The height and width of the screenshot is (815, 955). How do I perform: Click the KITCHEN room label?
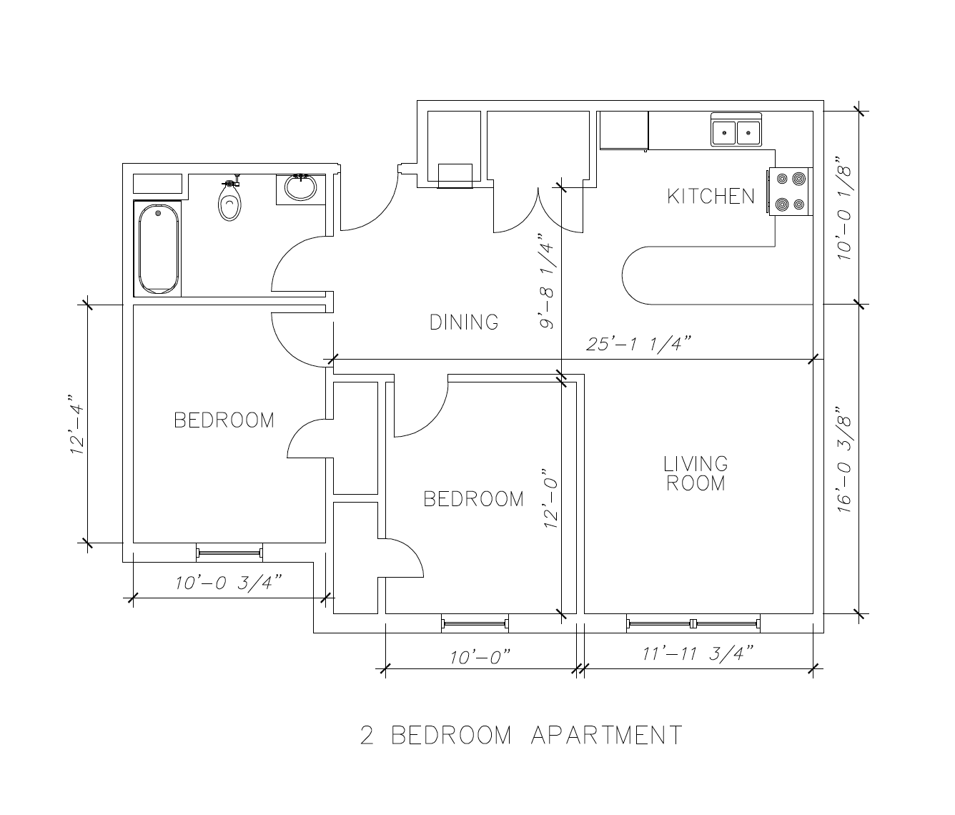click(x=711, y=197)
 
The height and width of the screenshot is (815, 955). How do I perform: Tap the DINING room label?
click(x=464, y=322)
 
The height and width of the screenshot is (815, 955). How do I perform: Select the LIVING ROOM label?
click(x=696, y=473)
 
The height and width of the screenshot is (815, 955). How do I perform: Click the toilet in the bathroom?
click(x=230, y=199)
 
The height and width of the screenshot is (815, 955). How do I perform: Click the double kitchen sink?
click(x=736, y=129)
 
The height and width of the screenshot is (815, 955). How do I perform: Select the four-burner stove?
click(x=790, y=192)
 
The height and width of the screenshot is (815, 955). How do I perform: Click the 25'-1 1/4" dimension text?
click(x=638, y=344)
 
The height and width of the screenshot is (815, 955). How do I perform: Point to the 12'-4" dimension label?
click(x=76, y=424)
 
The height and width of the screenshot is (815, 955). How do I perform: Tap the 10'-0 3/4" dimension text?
click(x=228, y=583)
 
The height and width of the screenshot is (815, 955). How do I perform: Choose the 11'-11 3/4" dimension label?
click(x=698, y=653)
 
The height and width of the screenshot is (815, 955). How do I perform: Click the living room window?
click(x=693, y=623)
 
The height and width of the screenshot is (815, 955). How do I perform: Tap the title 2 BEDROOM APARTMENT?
click(x=521, y=735)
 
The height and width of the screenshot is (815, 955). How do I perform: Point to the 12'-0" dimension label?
click(x=550, y=497)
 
